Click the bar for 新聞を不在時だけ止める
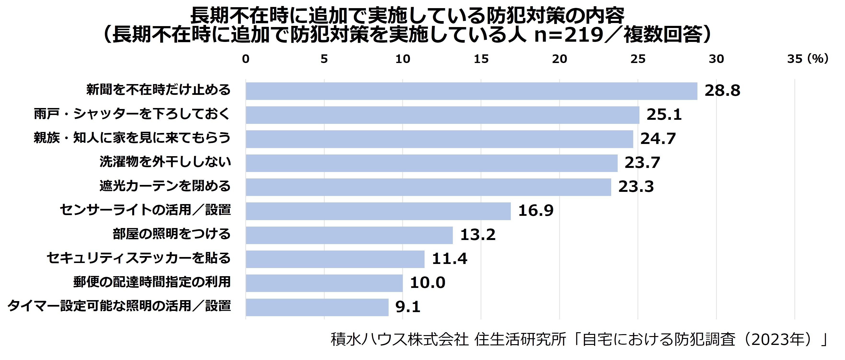pyautogui.click(x=471, y=91)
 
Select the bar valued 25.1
pyautogui.click(x=443, y=115)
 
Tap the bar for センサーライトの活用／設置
pyautogui.click(x=378, y=211)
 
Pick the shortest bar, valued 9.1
pyautogui.click(x=317, y=307)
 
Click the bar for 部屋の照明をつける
pyautogui.click(x=349, y=235)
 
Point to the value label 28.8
pyautogui.click(x=722, y=91)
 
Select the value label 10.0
pyautogui.click(x=427, y=283)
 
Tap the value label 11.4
pyautogui.click(x=449, y=259)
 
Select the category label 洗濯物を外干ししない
pyautogui.click(x=165, y=162)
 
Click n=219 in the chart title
pyautogui.click(x=569, y=35)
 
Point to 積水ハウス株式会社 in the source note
pyautogui.click(x=400, y=340)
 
